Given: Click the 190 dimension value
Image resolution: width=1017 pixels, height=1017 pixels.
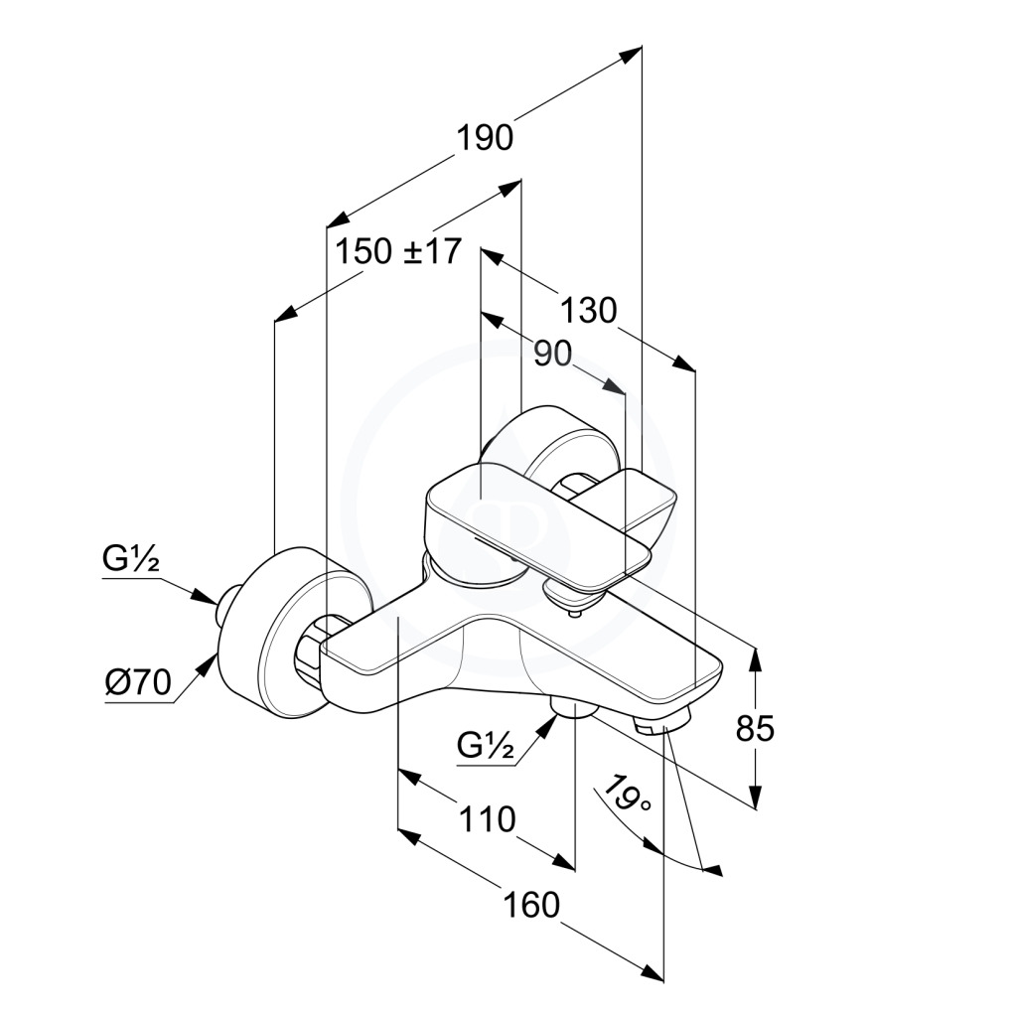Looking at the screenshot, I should (485, 137).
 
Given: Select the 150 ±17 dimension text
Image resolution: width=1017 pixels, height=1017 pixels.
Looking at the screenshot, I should (397, 252).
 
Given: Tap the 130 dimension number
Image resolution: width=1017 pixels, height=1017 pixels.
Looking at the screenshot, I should (588, 311).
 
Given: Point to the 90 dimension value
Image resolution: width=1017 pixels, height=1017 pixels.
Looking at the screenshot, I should (553, 354).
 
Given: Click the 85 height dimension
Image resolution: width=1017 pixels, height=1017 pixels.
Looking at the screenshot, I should (755, 729).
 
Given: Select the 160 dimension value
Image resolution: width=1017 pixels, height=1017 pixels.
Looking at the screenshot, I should (530, 905).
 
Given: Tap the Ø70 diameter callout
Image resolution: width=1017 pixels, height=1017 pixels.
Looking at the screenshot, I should (138, 683).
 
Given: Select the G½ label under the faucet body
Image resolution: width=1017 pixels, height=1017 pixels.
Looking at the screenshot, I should (487, 744).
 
